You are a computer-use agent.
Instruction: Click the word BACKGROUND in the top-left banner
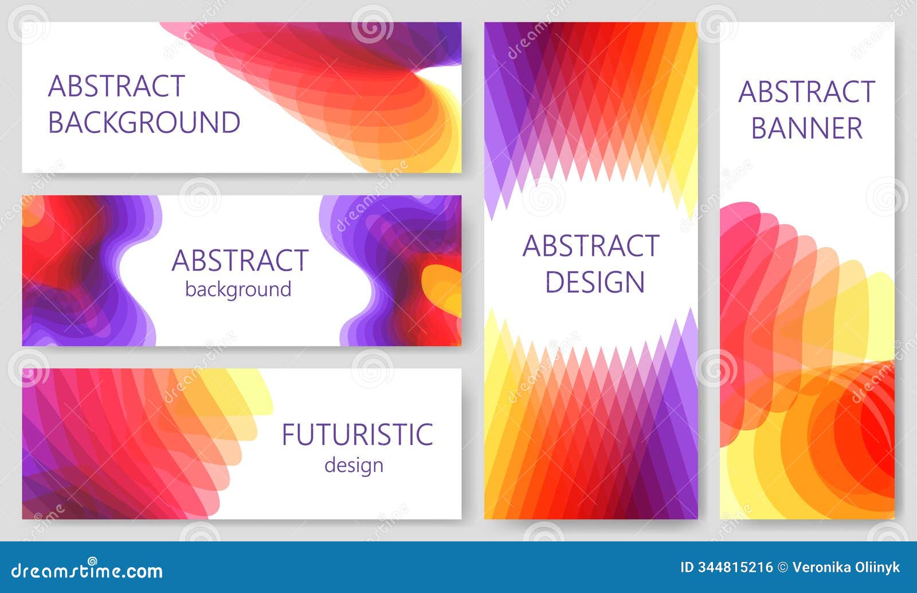point(144,122)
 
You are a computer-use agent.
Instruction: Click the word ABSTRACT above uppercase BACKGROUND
point(116,87)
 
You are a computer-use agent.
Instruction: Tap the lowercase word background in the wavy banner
point(238,290)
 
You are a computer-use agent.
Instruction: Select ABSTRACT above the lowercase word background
point(240,260)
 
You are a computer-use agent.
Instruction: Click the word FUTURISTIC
point(357,435)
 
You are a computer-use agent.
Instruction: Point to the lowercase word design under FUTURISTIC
point(354,465)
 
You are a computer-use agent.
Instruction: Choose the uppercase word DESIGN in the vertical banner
point(595,282)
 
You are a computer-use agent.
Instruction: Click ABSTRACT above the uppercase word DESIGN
point(591,246)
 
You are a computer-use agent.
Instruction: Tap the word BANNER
point(807,128)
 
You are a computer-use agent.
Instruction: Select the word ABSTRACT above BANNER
point(807,92)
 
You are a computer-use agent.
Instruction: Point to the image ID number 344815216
point(735,568)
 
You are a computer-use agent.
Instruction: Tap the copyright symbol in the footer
point(782,568)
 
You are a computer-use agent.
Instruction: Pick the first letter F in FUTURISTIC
point(288,435)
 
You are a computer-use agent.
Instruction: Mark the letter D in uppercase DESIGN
point(553,282)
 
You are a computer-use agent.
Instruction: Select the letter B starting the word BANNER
point(759,128)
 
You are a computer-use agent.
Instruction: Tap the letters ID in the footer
point(686,568)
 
